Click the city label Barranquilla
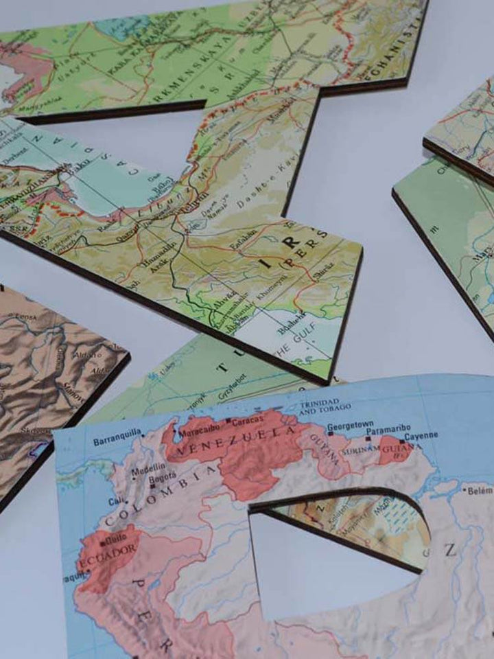(x=117, y=432)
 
